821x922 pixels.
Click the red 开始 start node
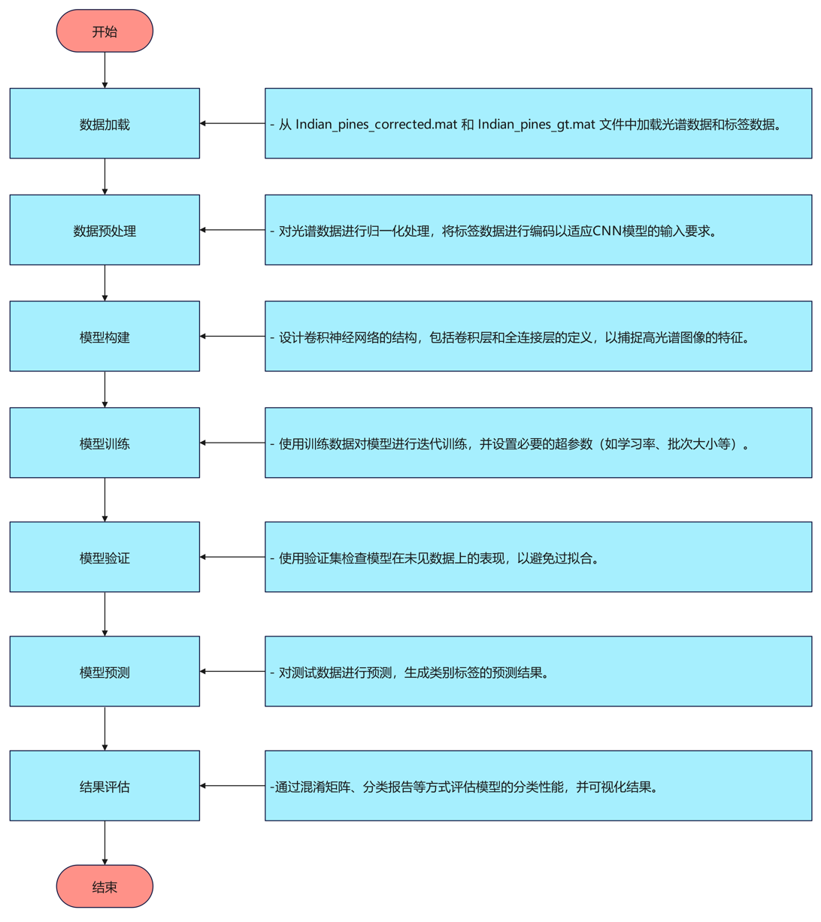point(105,31)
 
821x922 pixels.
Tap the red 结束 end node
point(105,887)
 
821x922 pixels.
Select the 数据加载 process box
point(105,123)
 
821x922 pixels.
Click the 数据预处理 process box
point(105,230)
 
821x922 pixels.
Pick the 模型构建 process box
point(105,337)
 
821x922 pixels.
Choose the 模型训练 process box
point(105,443)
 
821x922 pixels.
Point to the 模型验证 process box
point(105,557)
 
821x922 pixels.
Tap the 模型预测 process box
point(105,671)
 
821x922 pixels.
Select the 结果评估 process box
point(105,785)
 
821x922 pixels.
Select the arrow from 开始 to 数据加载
point(105,70)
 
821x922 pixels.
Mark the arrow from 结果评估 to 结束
point(105,842)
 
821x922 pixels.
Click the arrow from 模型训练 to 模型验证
point(105,500)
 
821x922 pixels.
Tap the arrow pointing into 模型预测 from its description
point(232,671)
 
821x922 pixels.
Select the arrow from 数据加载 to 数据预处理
point(105,177)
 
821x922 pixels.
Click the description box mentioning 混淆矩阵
point(538,785)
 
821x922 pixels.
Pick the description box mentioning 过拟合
point(538,557)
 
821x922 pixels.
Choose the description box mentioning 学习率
point(538,443)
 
